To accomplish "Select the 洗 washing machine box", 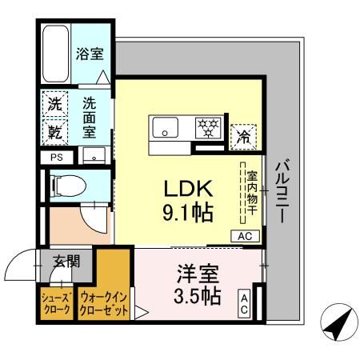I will click(x=54, y=104).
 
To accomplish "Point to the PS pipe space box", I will click(x=56, y=158).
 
